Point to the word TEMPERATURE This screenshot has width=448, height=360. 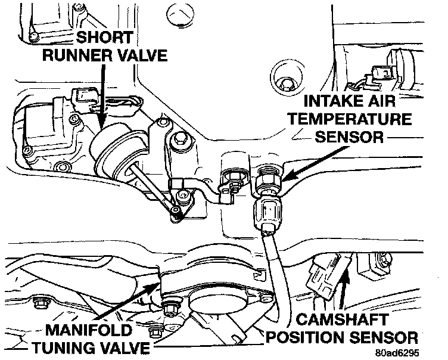351,118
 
